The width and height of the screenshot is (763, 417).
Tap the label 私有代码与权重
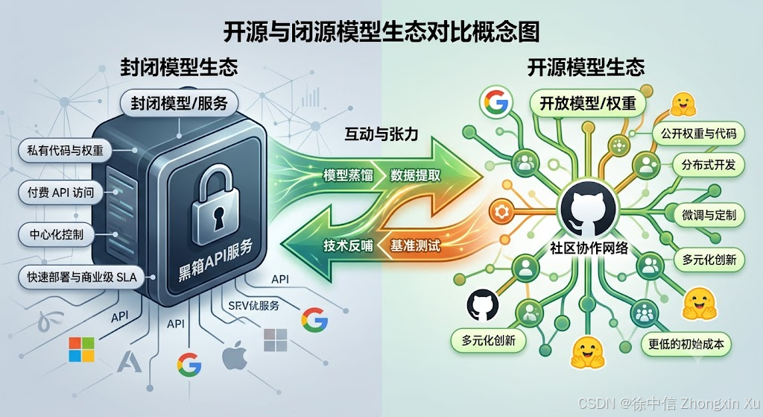(x=66, y=151)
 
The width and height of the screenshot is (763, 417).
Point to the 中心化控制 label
(x=57, y=234)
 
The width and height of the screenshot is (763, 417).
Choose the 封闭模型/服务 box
(x=179, y=103)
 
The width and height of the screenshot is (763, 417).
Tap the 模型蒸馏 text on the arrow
(x=348, y=175)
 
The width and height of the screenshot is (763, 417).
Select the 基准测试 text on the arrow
(x=415, y=245)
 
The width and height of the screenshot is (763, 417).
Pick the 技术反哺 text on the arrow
(x=348, y=245)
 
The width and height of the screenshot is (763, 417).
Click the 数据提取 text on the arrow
(x=415, y=175)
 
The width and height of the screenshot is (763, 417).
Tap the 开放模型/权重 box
(x=588, y=103)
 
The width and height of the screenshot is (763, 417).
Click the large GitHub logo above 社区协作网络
(x=588, y=210)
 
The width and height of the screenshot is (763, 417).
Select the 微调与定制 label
(x=709, y=215)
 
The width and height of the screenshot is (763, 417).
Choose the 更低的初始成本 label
(x=686, y=345)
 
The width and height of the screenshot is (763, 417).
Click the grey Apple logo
(x=234, y=357)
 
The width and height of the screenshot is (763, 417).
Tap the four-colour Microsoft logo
(x=82, y=349)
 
